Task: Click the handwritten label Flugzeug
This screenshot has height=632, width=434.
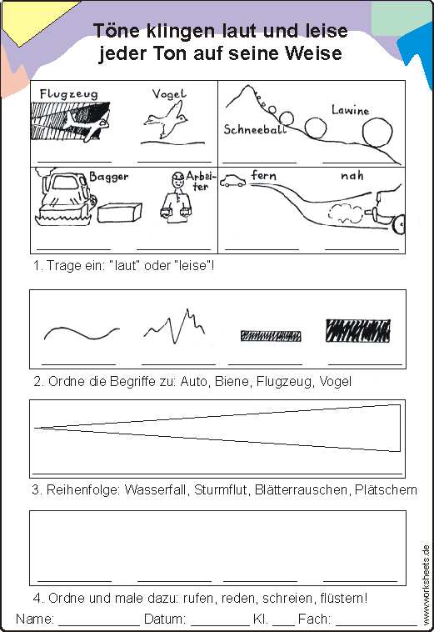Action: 69,94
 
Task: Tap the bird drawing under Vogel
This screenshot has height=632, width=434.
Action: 166,119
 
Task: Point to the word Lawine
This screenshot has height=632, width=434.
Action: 350,109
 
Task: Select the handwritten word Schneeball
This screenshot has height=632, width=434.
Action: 255,129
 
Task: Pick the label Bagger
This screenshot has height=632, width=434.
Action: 108,177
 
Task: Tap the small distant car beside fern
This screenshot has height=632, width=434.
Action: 232,181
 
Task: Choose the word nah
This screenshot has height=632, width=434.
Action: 352,176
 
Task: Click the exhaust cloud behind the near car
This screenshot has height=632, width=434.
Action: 346,213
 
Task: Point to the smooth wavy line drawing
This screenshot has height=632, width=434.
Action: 82,333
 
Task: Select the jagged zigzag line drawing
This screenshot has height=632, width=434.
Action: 174,326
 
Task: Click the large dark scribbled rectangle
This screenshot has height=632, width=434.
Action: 358,330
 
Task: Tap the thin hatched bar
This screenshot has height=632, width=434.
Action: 271,336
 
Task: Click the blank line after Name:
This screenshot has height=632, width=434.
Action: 99,624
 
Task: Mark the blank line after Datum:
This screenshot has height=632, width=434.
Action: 220,624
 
